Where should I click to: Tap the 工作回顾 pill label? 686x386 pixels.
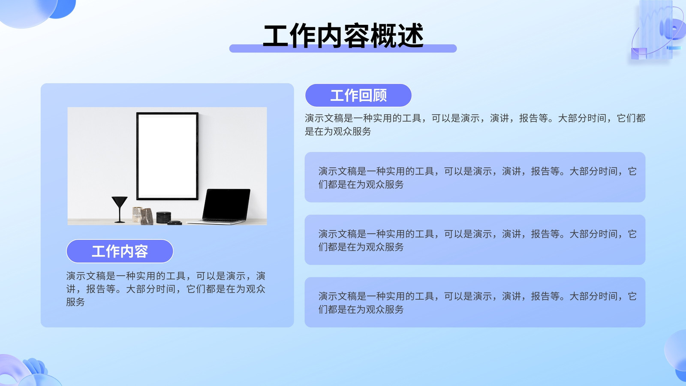(358, 95)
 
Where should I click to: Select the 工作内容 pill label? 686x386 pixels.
(120, 251)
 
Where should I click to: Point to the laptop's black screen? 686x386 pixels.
(226, 204)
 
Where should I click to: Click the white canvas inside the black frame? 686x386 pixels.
(167, 156)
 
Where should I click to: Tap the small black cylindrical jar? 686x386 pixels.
(163, 217)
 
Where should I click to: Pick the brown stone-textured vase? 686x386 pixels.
(147, 217)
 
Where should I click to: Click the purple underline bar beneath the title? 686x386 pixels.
(343, 48)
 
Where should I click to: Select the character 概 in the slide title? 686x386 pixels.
(383, 36)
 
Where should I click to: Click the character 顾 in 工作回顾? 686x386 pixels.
(380, 95)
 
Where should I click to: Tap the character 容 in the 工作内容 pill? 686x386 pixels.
(141, 251)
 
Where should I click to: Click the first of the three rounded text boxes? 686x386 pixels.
(475, 177)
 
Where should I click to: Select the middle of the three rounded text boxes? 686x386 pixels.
(475, 240)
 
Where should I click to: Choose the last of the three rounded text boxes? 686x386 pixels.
(475, 302)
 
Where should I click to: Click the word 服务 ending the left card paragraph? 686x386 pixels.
(75, 302)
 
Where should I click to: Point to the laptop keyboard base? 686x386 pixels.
(216, 221)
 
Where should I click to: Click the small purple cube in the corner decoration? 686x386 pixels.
(639, 54)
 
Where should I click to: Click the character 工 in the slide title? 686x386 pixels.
(276, 36)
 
